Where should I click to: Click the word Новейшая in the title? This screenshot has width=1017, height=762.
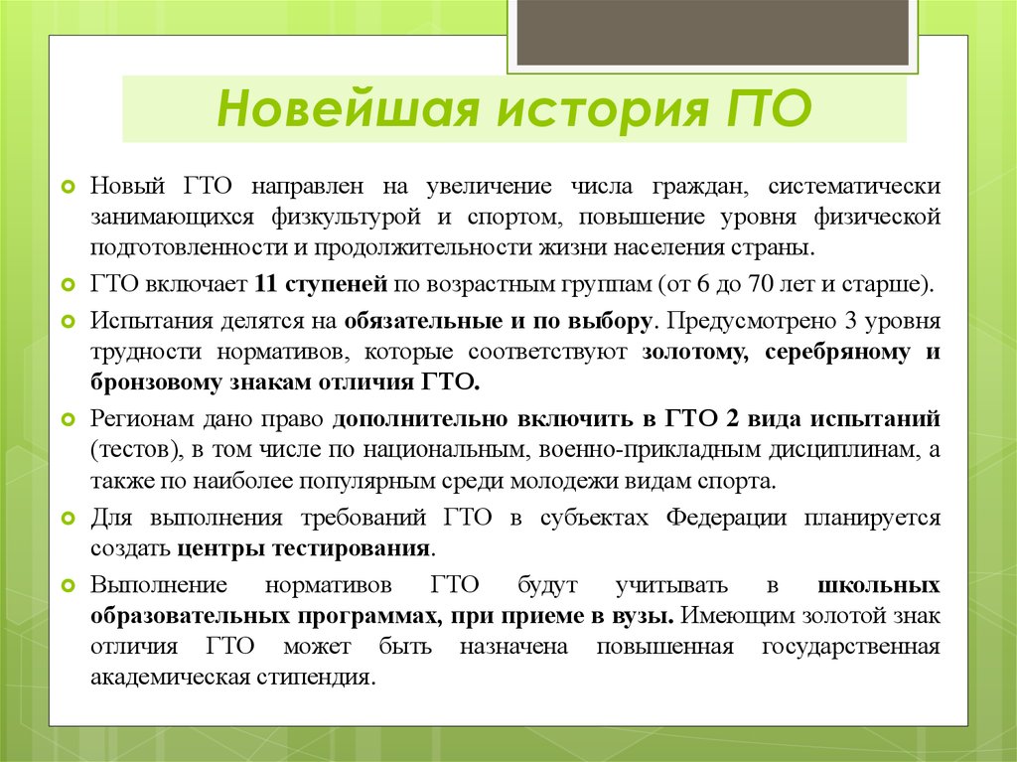tap(349, 107)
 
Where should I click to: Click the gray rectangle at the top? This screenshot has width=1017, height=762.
tap(712, 33)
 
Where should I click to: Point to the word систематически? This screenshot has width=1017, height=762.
tap(854, 186)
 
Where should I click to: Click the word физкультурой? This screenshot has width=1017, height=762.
tap(347, 218)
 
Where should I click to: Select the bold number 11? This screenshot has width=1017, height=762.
tap(266, 284)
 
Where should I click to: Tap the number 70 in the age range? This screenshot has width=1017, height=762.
tap(761, 284)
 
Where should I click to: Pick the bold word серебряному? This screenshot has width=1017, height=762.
tap(837, 352)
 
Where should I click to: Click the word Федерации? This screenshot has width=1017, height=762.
tap(726, 518)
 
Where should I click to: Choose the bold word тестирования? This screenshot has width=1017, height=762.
tap(351, 548)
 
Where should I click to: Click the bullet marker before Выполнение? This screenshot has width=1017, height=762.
tap(69, 586)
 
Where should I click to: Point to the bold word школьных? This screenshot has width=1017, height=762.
tap(879, 585)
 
